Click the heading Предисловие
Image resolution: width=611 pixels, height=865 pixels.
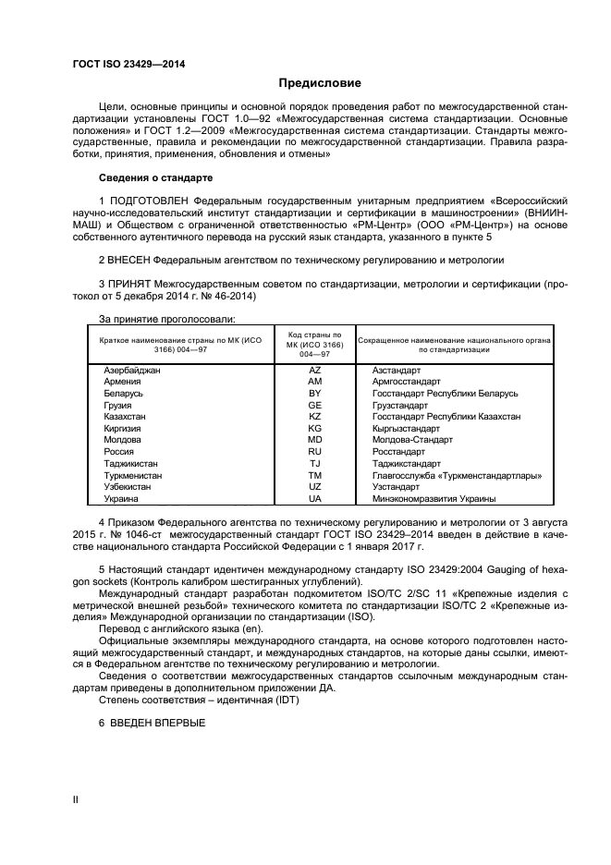306,83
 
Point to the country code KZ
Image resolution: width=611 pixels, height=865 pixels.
314,417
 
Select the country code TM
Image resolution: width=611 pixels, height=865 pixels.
314,475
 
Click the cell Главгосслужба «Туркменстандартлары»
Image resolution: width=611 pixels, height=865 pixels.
456,475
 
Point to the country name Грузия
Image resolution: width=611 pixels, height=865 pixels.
117,405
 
